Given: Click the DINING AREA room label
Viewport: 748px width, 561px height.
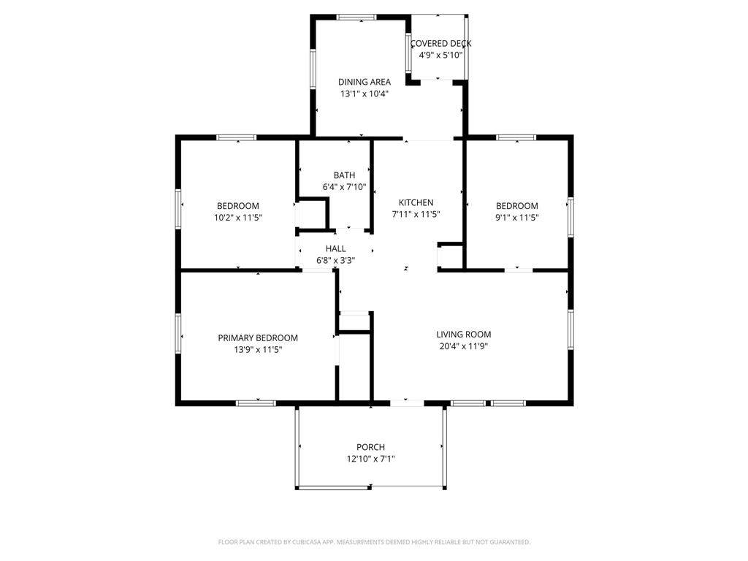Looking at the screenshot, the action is (x=365, y=82).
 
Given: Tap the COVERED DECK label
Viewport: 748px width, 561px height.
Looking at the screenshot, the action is (x=440, y=43).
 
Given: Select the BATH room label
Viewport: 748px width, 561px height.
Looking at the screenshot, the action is (x=345, y=175).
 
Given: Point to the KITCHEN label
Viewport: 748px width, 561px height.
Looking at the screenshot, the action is (x=416, y=202).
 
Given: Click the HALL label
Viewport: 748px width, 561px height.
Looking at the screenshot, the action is (x=336, y=248).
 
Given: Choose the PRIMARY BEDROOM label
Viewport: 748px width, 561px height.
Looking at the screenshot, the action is (x=258, y=337).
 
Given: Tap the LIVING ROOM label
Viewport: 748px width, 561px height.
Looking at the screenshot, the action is (x=464, y=335).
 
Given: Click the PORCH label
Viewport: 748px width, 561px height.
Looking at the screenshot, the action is (x=370, y=447).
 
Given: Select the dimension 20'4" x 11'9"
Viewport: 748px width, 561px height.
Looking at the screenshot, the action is (x=464, y=346).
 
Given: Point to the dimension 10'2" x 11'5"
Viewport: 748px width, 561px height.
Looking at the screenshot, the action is (x=238, y=218).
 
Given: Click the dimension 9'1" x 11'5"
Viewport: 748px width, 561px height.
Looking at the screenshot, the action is (x=517, y=218).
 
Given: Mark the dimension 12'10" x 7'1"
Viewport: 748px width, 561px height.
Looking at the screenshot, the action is (x=370, y=459).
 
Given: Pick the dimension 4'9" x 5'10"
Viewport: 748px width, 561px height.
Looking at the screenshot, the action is (x=440, y=55).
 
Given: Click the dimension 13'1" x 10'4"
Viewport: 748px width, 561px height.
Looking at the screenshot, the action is (x=365, y=93).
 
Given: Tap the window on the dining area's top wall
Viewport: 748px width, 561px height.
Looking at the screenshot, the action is (x=356, y=18).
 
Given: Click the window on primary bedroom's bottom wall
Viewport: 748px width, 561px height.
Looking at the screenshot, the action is (x=256, y=403).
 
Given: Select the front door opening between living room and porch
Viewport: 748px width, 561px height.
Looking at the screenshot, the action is (x=407, y=403).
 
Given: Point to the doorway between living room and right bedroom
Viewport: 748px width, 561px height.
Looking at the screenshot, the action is (x=519, y=270).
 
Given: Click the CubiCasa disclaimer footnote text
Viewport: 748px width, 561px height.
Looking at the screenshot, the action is (x=374, y=542).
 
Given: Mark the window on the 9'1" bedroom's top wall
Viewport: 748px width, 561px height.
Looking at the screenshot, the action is (x=516, y=138).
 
